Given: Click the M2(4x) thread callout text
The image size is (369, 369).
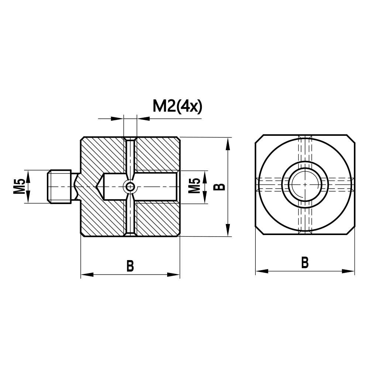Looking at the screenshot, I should pyautogui.click(x=177, y=107).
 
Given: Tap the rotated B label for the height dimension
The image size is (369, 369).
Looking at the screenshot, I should pyautogui.click(x=220, y=186).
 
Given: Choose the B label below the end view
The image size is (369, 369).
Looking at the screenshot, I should pyautogui.click(x=304, y=263).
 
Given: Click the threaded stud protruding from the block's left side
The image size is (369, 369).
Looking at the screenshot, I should pyautogui.click(x=60, y=186).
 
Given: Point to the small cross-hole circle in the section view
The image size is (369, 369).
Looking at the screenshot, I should pyautogui.click(x=130, y=187).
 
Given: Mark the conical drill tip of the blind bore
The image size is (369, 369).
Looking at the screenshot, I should pyautogui.click(x=100, y=187).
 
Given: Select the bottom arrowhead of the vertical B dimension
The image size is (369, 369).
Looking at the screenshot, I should pyautogui.click(x=228, y=231).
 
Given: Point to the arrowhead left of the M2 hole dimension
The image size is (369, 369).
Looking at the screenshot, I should pyautogui.click(x=118, y=118).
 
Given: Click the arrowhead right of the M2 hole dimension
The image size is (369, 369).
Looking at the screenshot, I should pyautogui.click(x=142, y=118).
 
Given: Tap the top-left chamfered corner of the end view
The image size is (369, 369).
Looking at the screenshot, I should pyautogui.click(x=260, y=139).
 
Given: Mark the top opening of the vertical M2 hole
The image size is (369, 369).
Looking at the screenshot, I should pyautogui.click(x=130, y=139).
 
